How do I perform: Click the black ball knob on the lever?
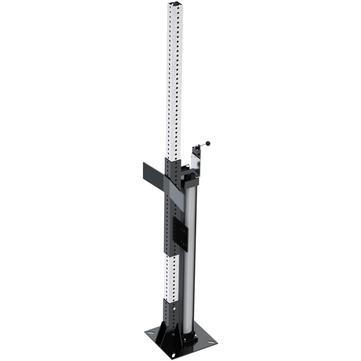208,143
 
